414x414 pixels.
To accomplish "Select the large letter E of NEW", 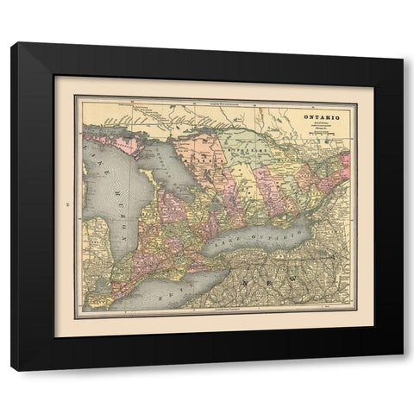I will [x=279, y=282].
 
